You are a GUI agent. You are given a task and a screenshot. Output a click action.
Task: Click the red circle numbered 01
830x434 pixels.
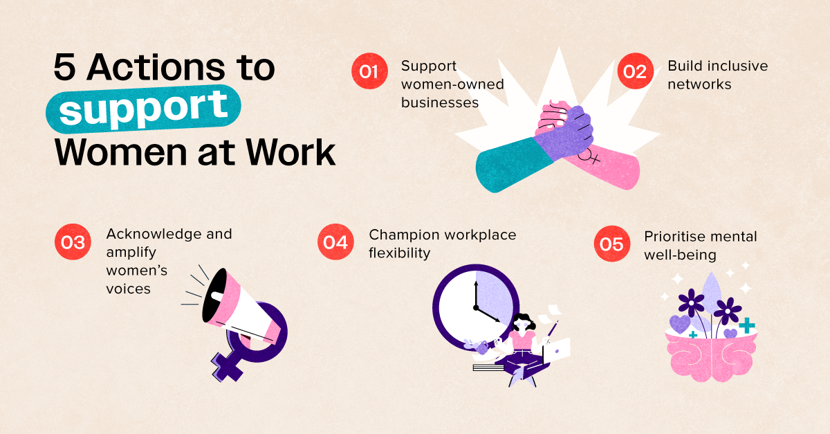pos(369,71)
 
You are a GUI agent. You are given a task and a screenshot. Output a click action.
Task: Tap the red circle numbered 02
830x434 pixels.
pos(635,71)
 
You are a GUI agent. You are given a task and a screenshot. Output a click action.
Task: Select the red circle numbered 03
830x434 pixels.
pos(73,242)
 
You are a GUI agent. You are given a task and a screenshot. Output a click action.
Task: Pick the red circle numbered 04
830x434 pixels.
pos(335,242)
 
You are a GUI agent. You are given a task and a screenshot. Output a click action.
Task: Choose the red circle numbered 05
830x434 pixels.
pos(611,244)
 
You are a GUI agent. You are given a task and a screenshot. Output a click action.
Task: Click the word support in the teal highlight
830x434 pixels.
pos(143,108)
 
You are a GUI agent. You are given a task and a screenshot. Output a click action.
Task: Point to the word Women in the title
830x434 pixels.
pos(121,152)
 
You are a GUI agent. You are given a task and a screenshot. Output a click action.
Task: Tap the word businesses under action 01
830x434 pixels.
pos(440,102)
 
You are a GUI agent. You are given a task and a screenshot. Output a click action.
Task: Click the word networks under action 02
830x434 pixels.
pos(699,84)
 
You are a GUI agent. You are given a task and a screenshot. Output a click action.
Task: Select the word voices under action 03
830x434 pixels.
pos(128,289)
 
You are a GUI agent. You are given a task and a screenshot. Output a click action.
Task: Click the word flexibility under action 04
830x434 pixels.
pos(400,253)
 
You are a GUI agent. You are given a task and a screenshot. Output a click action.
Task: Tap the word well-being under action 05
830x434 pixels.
pos(681,255)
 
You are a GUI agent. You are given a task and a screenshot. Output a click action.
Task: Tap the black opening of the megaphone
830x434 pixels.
pos(214,296)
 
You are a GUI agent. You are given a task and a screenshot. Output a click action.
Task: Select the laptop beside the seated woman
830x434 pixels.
pos(557,350)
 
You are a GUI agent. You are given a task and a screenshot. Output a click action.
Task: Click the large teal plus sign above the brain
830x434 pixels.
pos(747,325)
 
